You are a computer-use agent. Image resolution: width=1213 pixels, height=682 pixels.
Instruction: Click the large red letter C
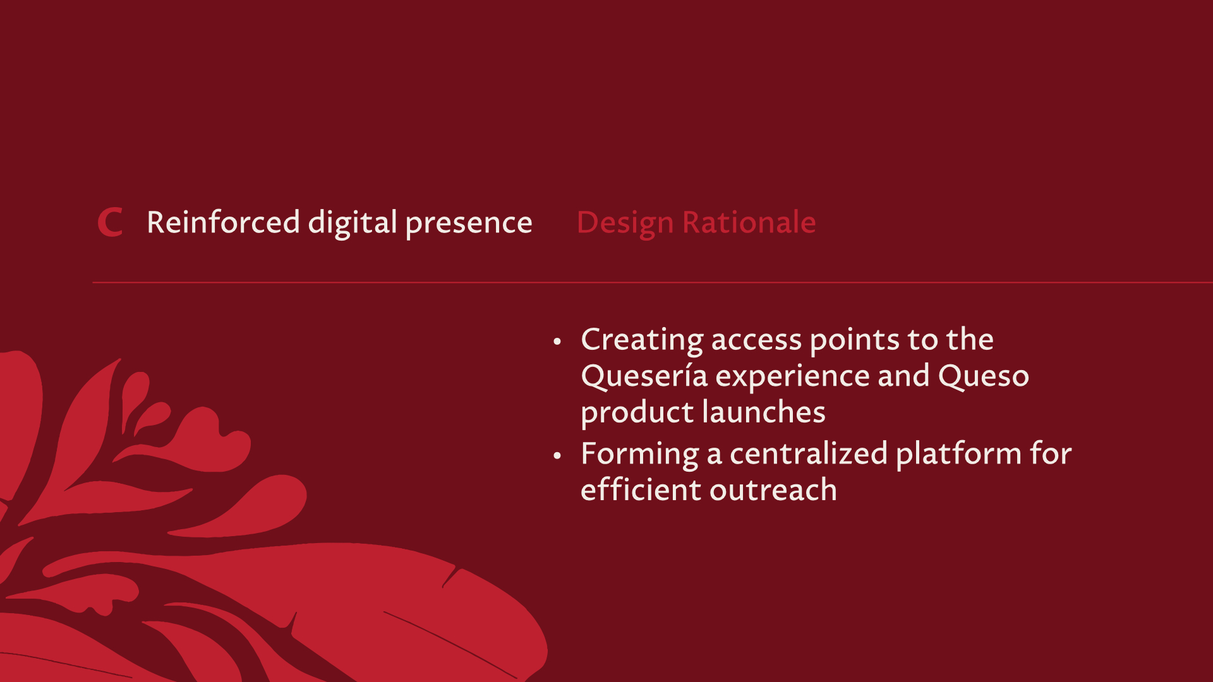110,223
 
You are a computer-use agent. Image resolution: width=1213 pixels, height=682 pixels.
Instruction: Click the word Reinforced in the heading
224,222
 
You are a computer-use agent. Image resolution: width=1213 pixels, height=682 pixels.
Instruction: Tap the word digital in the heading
353,223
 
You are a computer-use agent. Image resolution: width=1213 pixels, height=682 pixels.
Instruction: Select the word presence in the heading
469,224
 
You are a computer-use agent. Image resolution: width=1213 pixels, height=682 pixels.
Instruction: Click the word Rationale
749,222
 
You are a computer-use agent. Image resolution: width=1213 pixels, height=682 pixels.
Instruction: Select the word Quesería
644,376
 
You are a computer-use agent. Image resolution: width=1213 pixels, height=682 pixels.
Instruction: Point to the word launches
764,412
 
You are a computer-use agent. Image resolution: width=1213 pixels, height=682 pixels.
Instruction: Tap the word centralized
809,454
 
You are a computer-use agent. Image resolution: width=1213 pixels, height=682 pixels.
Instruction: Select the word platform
958,455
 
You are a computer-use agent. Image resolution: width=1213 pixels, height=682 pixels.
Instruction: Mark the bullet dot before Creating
557,342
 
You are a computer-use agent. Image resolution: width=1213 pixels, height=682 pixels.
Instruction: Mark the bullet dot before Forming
557,455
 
